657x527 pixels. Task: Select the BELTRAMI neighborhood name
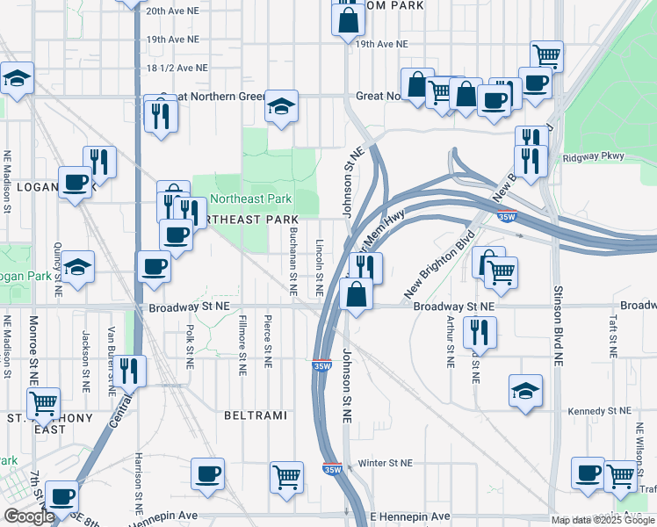tap(252, 413)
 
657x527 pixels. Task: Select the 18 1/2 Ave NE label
tap(177, 67)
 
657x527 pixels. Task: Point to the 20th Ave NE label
tap(173, 11)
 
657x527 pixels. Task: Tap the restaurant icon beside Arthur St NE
tap(480, 332)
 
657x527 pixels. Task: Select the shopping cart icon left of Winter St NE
tap(286, 477)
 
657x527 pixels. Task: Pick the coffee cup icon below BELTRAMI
tap(208, 474)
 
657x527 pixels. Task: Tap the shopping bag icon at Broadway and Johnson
tap(356, 295)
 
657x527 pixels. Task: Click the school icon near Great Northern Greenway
tap(281, 107)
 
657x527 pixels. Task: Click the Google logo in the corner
tap(29, 516)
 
